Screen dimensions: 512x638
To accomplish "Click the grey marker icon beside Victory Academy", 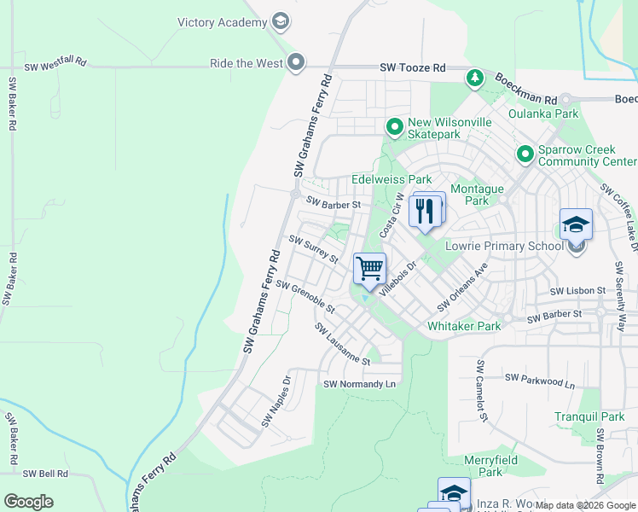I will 280,22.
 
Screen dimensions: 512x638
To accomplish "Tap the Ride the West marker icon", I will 296,62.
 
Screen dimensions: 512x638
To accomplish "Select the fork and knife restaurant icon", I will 426,210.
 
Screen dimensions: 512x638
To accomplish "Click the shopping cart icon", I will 369,269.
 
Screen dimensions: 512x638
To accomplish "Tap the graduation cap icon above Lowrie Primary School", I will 576,225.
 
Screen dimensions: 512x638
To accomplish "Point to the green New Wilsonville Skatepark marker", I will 395,128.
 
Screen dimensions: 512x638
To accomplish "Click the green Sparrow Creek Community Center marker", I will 525,154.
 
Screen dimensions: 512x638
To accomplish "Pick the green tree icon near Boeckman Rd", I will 474,79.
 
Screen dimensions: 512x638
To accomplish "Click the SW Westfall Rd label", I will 55,65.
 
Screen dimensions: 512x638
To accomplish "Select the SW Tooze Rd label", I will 413,67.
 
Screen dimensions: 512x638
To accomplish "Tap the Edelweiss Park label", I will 391,180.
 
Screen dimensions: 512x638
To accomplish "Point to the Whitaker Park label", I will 464,327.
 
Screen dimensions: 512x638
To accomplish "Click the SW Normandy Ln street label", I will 360,385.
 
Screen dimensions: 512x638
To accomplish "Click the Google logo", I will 29,502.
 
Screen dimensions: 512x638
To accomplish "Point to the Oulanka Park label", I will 542,113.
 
